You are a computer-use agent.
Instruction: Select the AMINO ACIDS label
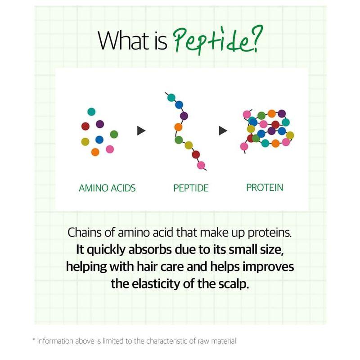(x=107, y=188)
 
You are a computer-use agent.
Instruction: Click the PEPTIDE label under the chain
(x=191, y=188)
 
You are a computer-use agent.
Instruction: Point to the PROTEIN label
(x=265, y=188)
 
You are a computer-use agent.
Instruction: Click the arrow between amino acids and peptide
(x=141, y=130)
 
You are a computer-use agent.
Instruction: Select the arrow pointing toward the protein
(x=223, y=130)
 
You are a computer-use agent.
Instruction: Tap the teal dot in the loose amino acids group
(x=91, y=112)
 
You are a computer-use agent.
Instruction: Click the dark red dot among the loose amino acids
(x=85, y=126)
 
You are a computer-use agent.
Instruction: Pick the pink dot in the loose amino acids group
(x=110, y=149)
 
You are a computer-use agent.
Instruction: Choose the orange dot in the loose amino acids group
(x=95, y=152)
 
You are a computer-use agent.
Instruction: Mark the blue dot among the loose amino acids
(x=99, y=139)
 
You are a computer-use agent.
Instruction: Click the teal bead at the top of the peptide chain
(x=171, y=98)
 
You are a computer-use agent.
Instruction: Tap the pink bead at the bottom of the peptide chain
(x=201, y=165)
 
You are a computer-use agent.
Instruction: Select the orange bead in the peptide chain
(x=178, y=127)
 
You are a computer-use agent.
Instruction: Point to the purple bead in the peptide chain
(x=184, y=116)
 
